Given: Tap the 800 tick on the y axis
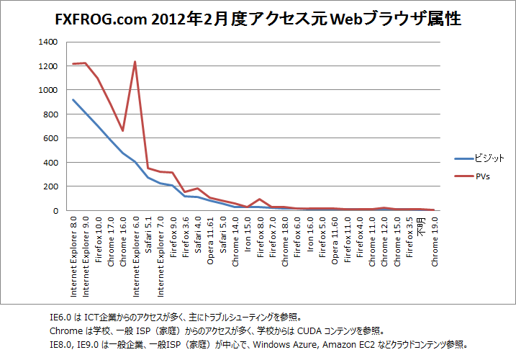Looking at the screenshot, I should pyautogui.click(x=50, y=114).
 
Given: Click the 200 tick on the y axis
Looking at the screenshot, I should pyautogui.click(x=50, y=186).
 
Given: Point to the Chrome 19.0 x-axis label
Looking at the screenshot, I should pyautogui.click(x=434, y=244).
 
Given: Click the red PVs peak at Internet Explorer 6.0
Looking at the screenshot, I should pyautogui.click(x=135, y=62).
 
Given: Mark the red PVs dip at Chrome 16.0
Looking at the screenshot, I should pyautogui.click(x=122, y=130).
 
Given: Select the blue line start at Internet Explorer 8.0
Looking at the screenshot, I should pyautogui.click(x=73, y=100).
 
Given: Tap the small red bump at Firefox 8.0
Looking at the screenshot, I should pyautogui.click(x=260, y=199).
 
